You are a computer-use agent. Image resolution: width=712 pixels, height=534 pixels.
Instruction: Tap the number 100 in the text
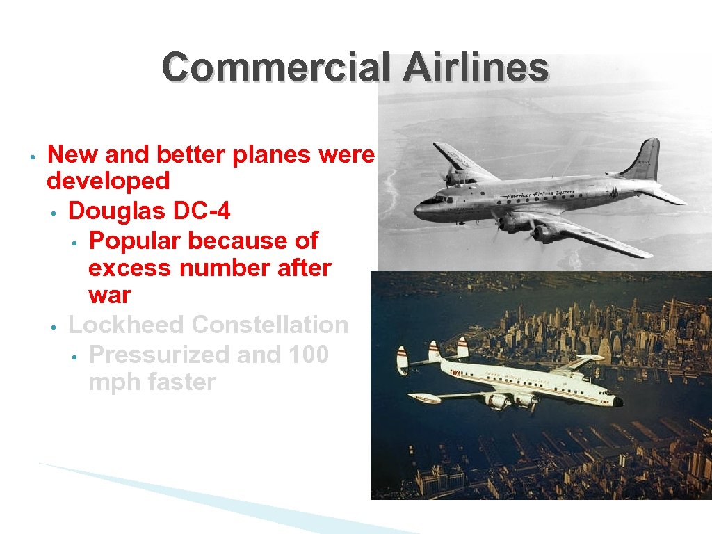(x=307, y=354)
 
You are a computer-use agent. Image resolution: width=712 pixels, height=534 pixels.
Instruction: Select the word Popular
(x=135, y=241)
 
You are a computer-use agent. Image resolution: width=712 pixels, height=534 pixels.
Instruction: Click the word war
(x=109, y=295)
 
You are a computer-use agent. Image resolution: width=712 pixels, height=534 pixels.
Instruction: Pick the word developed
(x=108, y=181)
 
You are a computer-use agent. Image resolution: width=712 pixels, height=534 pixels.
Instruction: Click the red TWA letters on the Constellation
(x=456, y=373)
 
